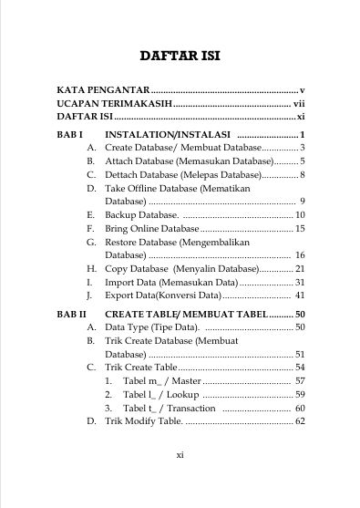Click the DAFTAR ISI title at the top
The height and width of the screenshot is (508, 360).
click(180, 57)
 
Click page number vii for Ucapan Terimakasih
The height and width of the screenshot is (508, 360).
click(298, 104)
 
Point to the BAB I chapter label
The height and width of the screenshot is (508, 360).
click(69, 133)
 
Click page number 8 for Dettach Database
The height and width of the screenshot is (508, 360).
click(301, 174)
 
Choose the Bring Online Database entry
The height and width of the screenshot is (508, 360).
click(152, 228)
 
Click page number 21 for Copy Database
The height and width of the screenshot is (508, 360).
click(298, 269)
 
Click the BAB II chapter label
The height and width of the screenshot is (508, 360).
click(71, 314)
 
